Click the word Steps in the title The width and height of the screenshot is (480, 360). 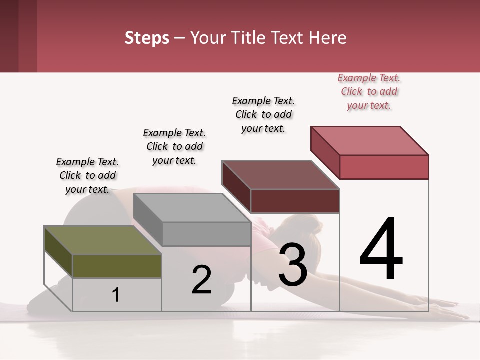(x=147, y=38)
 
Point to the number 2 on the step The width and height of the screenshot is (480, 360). (x=202, y=280)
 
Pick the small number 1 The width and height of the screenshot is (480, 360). (x=116, y=295)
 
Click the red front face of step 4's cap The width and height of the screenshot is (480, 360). (x=384, y=167)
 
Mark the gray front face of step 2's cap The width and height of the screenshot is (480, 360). (x=206, y=234)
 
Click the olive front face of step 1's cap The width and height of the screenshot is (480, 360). (x=117, y=266)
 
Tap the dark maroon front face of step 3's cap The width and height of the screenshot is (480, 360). (x=295, y=201)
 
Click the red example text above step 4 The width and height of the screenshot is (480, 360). (x=369, y=91)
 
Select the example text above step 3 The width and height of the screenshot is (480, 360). (x=263, y=114)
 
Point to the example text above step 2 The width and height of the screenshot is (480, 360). (x=174, y=146)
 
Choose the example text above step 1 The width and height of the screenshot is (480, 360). (x=87, y=175)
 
